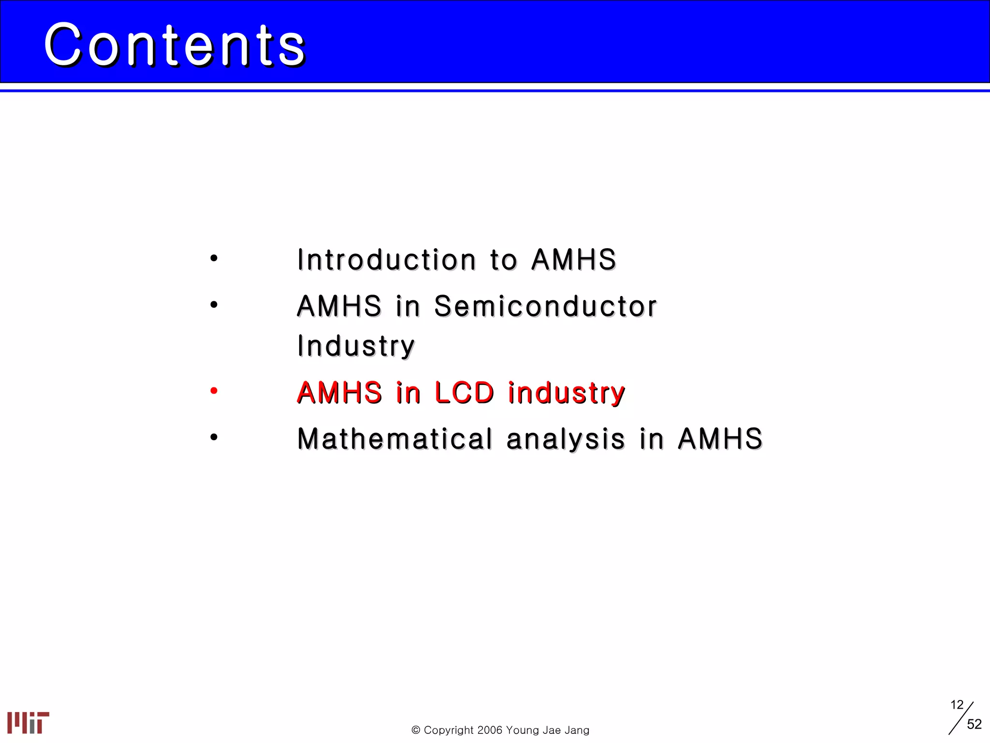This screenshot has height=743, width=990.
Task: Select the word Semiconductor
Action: click(545, 306)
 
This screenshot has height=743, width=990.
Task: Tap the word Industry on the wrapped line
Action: click(356, 346)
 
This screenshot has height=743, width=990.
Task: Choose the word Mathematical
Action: click(394, 439)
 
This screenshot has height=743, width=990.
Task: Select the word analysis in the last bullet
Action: click(566, 439)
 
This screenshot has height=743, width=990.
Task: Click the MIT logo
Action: click(28, 723)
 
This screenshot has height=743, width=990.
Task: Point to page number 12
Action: click(957, 705)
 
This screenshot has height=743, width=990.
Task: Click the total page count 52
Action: click(974, 724)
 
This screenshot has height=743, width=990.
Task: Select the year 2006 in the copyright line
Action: click(490, 730)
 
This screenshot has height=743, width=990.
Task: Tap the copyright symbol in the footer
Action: click(416, 730)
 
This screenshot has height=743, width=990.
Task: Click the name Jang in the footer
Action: click(577, 730)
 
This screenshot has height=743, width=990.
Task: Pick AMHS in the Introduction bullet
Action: click(574, 260)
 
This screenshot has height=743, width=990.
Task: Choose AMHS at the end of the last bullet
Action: click(720, 439)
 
